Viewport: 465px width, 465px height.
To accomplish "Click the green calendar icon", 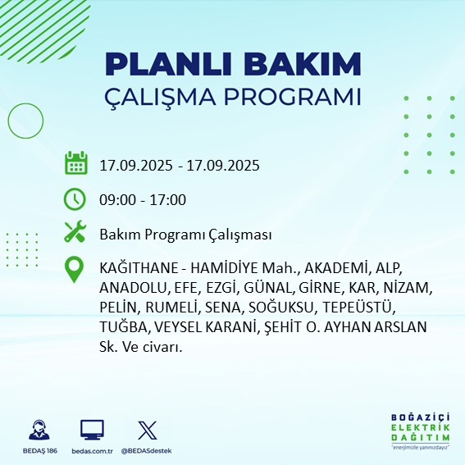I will click(x=75, y=163).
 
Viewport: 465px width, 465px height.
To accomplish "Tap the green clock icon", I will click(x=75, y=199).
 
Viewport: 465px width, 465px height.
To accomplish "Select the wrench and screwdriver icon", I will click(x=75, y=233).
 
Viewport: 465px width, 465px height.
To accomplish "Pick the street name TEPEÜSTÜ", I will click(x=360, y=308).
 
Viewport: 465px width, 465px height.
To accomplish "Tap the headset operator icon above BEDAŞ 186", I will click(x=38, y=430).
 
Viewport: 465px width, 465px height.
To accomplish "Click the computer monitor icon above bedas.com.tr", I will click(x=92, y=430).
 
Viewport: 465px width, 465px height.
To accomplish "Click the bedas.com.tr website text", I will click(x=92, y=450).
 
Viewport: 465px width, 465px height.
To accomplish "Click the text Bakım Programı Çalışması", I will click(x=185, y=235).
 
